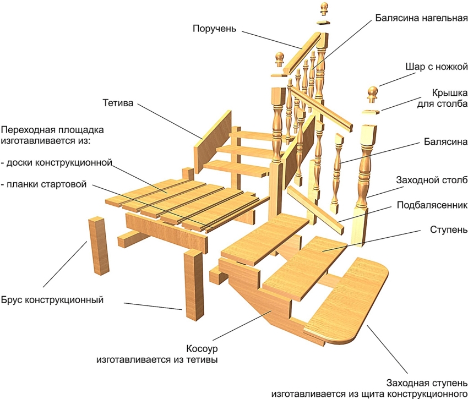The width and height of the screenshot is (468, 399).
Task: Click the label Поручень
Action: pos(214,29)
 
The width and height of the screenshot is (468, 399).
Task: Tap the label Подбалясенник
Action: pos(432,205)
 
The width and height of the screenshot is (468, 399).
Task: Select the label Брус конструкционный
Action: pos(53,300)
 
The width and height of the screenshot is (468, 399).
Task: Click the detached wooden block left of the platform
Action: pos(97,245)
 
